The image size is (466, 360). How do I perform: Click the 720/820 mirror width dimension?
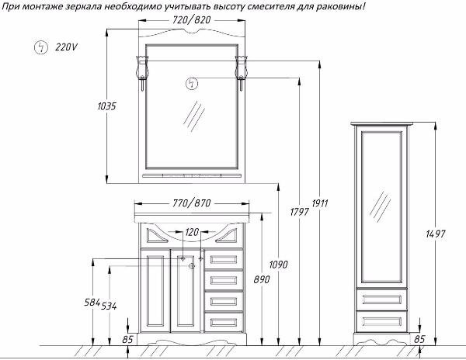point(191,20)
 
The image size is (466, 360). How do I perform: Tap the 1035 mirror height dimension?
point(106,106)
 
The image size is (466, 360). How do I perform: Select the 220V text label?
point(66,47)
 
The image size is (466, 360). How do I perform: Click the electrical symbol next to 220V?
point(41,47)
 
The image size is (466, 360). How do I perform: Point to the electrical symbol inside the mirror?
point(192,84)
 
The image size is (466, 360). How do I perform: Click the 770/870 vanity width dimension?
point(191,203)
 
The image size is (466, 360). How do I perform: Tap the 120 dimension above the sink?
point(192,232)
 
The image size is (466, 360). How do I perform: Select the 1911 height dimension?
point(320,203)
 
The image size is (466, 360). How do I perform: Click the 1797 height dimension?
point(300,212)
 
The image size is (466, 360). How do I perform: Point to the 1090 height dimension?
point(279,264)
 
